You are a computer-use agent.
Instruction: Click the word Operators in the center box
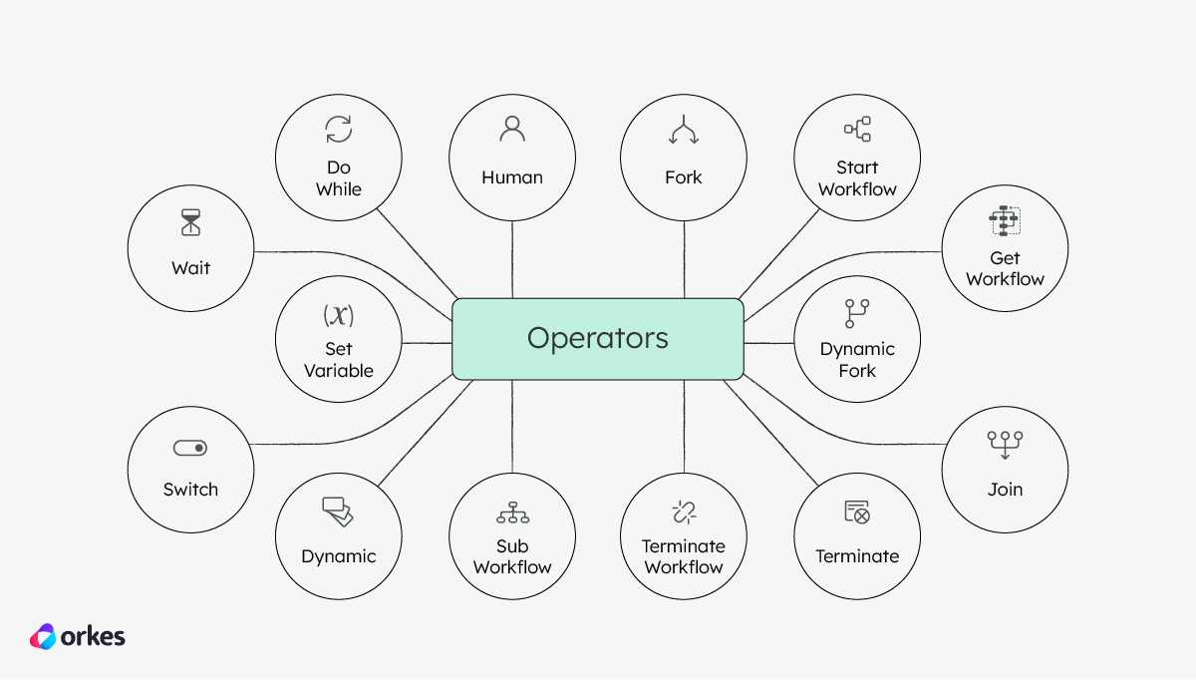point(597,338)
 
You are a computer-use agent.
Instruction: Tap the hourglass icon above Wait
point(190,222)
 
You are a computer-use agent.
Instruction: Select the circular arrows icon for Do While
point(339,130)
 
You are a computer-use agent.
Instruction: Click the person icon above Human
point(512,129)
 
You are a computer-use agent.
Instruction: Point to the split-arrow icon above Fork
point(684,130)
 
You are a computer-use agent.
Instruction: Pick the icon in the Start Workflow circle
point(857,129)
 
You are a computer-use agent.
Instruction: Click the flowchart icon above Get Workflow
point(1005,220)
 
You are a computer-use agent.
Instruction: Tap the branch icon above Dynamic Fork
point(857,313)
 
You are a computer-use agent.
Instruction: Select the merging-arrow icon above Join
point(1005,445)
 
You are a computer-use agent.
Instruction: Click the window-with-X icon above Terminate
point(857,511)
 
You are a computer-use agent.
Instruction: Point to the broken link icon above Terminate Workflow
point(684,512)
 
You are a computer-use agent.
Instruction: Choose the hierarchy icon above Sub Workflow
point(512,512)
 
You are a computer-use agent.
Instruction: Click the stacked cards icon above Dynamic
point(338,511)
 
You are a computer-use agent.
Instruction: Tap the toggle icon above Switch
point(190,448)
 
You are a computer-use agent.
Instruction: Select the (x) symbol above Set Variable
point(339,315)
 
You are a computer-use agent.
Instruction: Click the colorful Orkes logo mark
point(43,636)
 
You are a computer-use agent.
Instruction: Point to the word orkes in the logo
point(93,637)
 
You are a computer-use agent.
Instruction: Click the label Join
point(1005,490)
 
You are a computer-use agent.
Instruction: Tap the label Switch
point(190,490)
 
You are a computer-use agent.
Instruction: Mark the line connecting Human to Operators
point(512,259)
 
